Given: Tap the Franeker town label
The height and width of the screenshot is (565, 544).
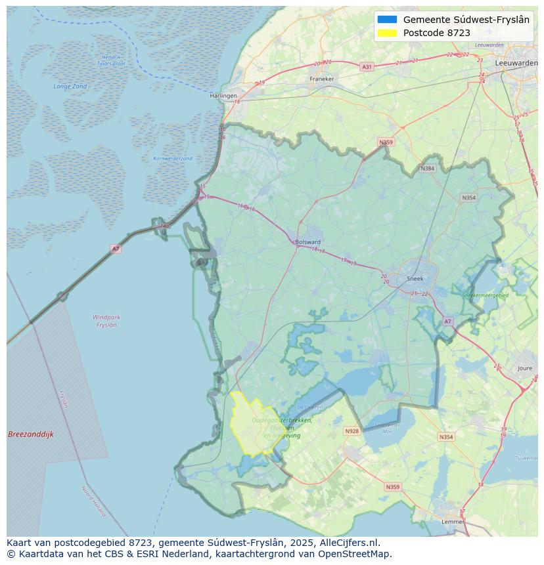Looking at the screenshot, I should point(322,79).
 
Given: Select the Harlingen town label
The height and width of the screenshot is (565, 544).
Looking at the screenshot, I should point(223,96).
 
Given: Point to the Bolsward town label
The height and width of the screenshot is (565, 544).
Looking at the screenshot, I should point(307,241).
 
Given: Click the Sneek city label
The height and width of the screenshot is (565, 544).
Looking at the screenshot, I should point(415,278).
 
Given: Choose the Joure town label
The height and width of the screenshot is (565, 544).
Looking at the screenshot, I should point(525,369).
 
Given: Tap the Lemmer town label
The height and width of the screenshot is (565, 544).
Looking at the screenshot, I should point(453,522).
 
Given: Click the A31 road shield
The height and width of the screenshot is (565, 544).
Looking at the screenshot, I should point(367,67).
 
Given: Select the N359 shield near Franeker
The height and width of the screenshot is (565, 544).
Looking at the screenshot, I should point(386,142).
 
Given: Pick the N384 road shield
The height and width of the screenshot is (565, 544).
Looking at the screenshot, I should point(427,169).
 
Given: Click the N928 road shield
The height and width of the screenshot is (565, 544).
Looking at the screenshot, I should point(352,431).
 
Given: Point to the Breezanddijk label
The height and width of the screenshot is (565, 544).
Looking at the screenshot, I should point(31,434).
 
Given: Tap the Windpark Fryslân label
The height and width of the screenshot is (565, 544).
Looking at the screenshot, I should point(106,321).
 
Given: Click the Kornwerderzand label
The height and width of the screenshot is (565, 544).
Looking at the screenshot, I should point(173,159).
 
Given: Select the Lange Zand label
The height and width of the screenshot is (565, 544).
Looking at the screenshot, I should point(70,87).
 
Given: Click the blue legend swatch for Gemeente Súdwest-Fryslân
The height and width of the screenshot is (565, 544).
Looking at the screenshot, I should point(388,20).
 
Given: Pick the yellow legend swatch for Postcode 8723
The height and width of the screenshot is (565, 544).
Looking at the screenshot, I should point(388,33).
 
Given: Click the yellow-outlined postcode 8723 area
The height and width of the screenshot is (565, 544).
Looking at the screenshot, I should point(253,427).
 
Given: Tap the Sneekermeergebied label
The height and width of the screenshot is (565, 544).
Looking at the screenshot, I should point(485,296).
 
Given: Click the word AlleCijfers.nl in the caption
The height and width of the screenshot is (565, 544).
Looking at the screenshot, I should point(348,543).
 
